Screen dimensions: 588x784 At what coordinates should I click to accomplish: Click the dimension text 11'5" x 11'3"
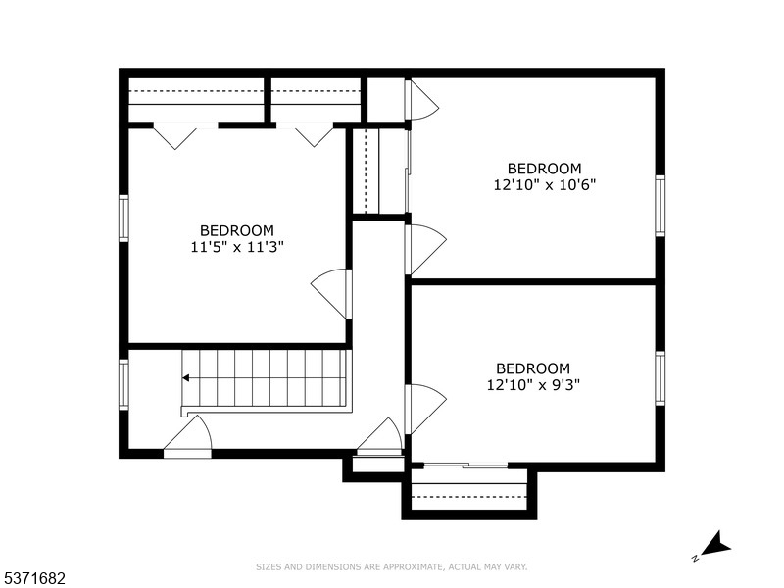(x=238, y=248)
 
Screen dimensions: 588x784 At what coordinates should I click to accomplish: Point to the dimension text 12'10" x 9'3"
(x=533, y=385)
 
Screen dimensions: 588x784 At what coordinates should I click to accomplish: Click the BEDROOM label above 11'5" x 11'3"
(x=238, y=231)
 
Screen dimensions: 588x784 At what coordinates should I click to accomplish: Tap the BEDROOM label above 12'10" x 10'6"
(x=544, y=169)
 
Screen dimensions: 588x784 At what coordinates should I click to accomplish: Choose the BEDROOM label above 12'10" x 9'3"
(x=533, y=368)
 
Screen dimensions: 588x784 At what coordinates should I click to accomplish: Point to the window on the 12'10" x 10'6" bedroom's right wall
(x=660, y=206)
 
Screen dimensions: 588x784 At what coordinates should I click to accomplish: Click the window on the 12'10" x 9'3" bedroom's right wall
(x=660, y=378)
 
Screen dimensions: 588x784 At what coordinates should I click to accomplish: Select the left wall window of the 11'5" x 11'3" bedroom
(x=123, y=218)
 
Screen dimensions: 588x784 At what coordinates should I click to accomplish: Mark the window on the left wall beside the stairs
(x=123, y=384)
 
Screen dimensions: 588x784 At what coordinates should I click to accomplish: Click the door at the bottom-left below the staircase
(x=188, y=438)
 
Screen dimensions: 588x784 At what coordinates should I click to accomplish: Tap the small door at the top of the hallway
(x=421, y=100)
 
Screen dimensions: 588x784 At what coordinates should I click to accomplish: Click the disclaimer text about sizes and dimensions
(x=392, y=566)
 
